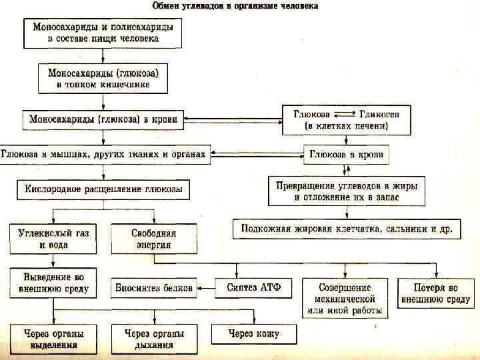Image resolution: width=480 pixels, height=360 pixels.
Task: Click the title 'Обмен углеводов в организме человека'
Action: click(235, 6)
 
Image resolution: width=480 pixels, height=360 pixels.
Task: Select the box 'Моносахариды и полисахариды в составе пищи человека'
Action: click(103, 33)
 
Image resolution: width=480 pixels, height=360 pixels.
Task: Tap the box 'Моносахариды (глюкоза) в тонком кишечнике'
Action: click(103, 77)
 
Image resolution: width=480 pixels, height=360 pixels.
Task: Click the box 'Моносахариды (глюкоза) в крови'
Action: click(103, 120)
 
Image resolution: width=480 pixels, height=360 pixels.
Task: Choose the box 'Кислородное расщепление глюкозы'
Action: click(103, 189)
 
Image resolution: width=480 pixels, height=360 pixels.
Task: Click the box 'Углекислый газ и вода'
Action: click(53, 239)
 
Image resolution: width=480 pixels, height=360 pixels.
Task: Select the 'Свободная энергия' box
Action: click(154, 239)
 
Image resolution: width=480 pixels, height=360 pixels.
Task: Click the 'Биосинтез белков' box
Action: click(154, 289)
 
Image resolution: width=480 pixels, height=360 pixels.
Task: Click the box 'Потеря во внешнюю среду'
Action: click(435, 293)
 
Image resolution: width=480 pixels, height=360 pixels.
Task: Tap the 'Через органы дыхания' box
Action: click(153, 339)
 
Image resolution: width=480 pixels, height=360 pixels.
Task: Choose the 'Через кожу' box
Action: click(254, 334)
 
